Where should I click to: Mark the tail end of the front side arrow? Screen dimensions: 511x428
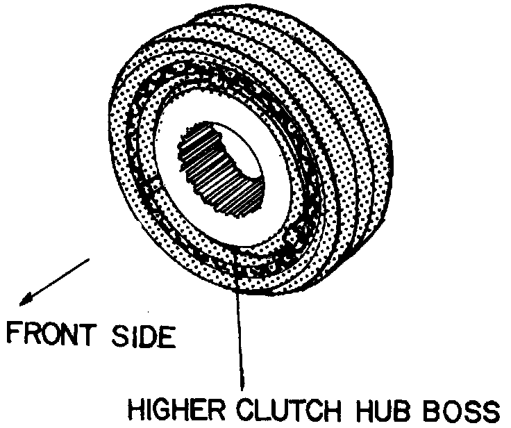coord(89,260)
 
